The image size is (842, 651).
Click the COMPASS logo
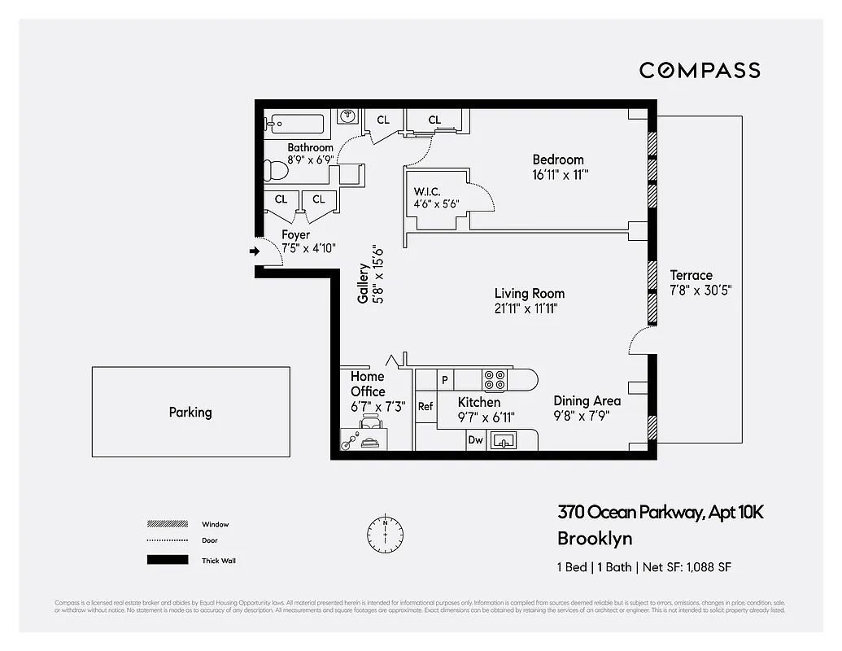pyautogui.click(x=700, y=70)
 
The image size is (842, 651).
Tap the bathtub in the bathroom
pyautogui.click(x=294, y=125)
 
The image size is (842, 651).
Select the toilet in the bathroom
pyautogui.click(x=275, y=172)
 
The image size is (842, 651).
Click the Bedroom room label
pyautogui.click(x=558, y=159)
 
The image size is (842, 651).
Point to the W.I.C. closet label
pyautogui.click(x=428, y=192)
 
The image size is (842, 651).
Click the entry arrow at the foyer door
pyautogui.click(x=254, y=251)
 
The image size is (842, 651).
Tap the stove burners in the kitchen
pyautogui.click(x=495, y=380)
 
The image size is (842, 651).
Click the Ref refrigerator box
pyautogui.click(x=425, y=406)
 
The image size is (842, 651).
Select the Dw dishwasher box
pyautogui.click(x=476, y=440)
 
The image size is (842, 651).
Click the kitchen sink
pyautogui.click(x=504, y=440)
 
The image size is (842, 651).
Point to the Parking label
pyautogui.click(x=190, y=412)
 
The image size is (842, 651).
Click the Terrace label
pyautogui.click(x=691, y=275)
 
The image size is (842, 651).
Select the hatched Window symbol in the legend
pyautogui.click(x=166, y=524)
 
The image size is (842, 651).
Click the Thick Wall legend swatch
pyautogui.click(x=166, y=560)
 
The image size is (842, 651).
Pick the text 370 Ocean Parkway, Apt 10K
pyautogui.click(x=660, y=513)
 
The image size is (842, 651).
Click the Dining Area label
pyautogui.click(x=587, y=400)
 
